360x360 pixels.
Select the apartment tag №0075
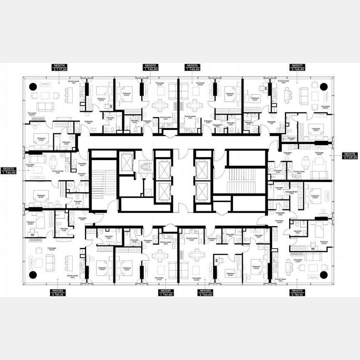(150, 66)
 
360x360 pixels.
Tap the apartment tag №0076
(191, 66)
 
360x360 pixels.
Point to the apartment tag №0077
(296, 66)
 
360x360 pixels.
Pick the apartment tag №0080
(204, 291)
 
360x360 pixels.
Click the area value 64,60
(206, 295)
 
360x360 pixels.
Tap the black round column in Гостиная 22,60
(324, 86)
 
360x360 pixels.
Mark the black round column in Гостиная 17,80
(324, 274)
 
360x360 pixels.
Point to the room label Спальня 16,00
(41, 196)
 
